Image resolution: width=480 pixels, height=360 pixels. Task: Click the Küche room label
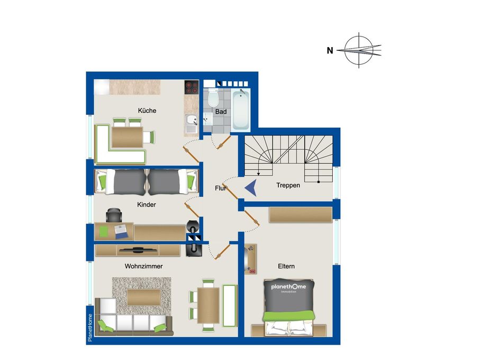(x=147, y=111)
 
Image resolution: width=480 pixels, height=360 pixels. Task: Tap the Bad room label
(x=221, y=112)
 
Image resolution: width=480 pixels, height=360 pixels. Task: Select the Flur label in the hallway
(x=221, y=188)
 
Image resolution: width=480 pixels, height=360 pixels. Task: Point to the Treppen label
(x=288, y=185)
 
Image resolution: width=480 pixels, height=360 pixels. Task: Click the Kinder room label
(x=147, y=204)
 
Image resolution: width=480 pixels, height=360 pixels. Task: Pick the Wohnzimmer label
(x=143, y=266)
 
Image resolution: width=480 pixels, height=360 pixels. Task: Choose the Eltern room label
(x=286, y=266)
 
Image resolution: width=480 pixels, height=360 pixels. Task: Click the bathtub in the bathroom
(x=241, y=110)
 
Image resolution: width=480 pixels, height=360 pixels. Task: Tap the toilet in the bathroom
(x=213, y=98)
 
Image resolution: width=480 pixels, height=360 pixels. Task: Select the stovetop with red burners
(x=191, y=87)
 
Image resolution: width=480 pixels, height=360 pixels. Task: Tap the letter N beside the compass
(x=330, y=51)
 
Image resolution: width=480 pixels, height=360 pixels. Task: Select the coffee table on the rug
(x=143, y=298)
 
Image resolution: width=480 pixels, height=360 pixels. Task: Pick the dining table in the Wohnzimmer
(x=208, y=305)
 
